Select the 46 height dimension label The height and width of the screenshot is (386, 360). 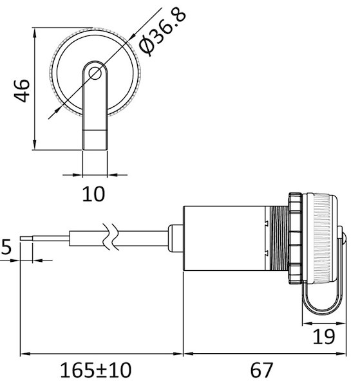coord(22,90)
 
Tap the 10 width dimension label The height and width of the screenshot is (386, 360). coord(93,194)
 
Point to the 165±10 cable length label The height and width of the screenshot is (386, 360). coord(95,370)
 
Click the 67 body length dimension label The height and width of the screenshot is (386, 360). coord(261,370)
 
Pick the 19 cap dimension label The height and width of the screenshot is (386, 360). coord(324,336)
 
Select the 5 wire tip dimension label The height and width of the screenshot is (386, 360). coord(6,246)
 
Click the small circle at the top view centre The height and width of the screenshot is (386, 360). coord(95,73)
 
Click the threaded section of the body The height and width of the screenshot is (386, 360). coord(279,239)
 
